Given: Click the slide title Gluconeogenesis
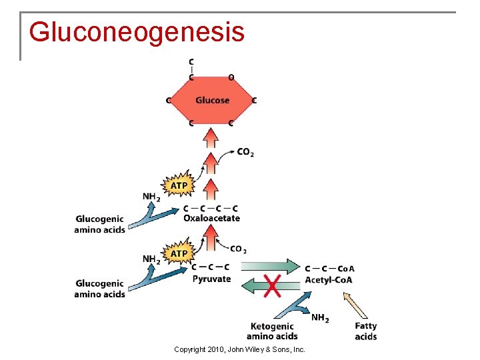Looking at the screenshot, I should [x=137, y=31].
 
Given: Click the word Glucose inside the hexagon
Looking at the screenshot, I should [x=212, y=101].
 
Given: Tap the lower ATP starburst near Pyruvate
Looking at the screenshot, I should [x=179, y=253].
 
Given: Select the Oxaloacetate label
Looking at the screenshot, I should [x=211, y=218].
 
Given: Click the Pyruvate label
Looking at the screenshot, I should [x=211, y=279].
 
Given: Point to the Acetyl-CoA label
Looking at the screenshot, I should [x=329, y=279].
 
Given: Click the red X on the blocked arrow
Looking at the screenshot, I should [x=272, y=287].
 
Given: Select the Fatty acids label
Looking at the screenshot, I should [x=366, y=331].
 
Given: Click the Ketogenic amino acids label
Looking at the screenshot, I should [x=272, y=331].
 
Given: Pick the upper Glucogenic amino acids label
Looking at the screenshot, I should [x=99, y=224].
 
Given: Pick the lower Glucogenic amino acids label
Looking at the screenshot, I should [x=99, y=289].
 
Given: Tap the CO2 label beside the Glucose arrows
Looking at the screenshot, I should [x=245, y=153].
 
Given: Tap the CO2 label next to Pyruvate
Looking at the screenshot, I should [x=238, y=249].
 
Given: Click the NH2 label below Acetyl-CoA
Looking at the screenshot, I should [x=320, y=318].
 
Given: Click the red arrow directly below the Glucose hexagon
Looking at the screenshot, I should [x=211, y=139].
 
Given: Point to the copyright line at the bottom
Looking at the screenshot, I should [x=239, y=349].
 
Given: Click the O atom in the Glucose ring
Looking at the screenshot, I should [x=231, y=77].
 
